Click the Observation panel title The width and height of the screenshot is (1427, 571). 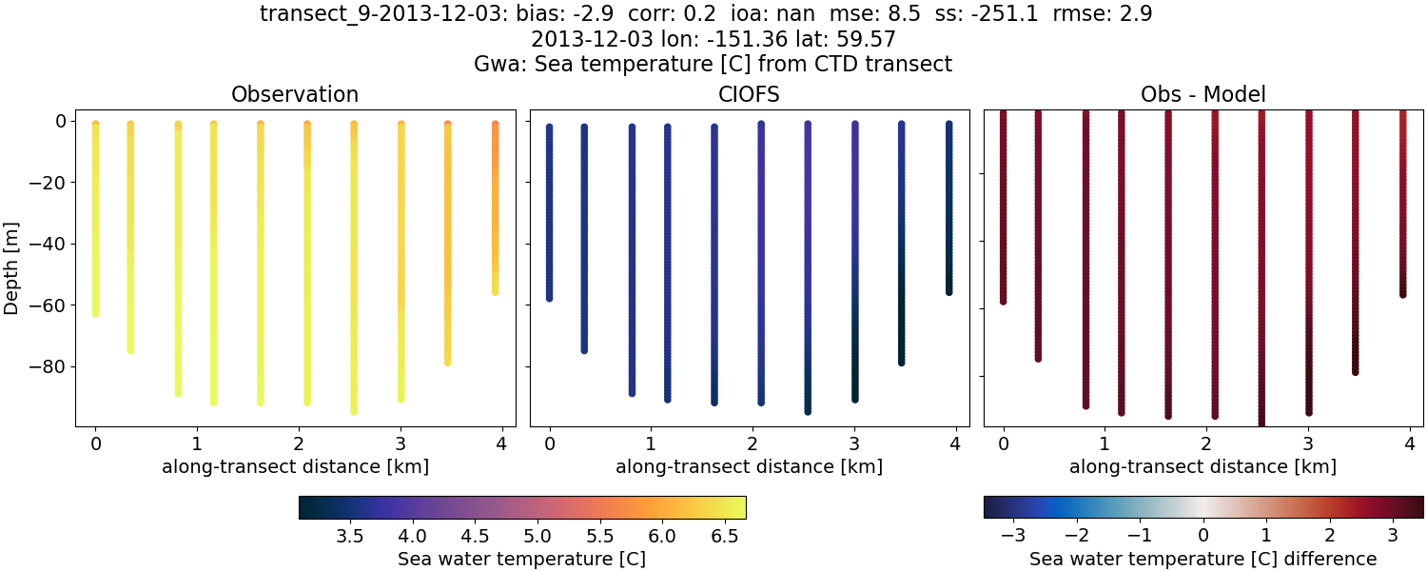(295, 94)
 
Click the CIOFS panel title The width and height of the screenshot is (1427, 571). (749, 94)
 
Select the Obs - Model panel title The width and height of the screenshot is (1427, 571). (1202, 94)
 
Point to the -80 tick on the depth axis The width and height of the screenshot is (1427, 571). (48, 367)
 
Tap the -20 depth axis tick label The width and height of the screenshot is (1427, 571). (48, 183)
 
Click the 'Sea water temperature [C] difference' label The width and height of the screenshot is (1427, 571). (1202, 559)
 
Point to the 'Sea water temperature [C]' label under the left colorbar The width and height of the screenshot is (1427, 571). (521, 559)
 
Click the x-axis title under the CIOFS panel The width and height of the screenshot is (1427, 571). (749, 467)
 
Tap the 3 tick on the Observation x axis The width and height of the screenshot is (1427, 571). (401, 443)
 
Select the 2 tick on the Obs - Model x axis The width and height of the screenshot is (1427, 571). (1206, 443)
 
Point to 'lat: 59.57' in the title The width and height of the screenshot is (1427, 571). (842, 40)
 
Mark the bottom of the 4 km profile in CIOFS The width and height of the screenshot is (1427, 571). (948, 291)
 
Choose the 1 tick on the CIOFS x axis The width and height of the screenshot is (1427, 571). (651, 443)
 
